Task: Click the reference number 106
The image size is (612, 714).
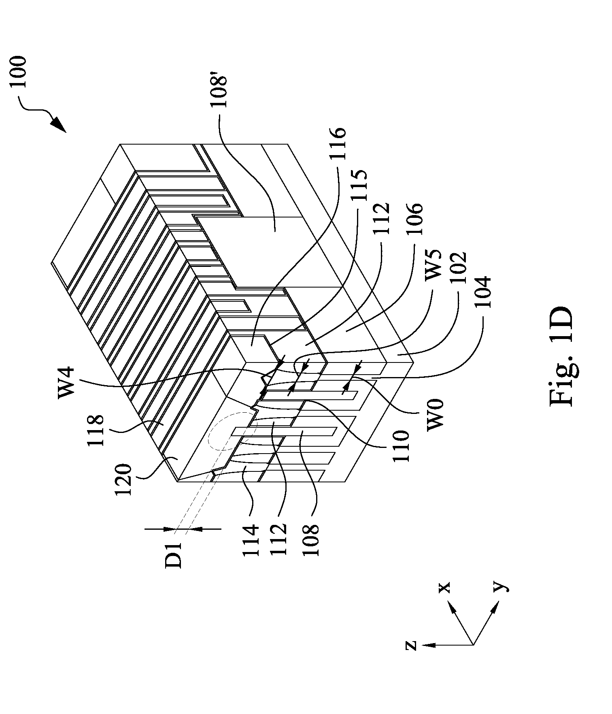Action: (415, 219)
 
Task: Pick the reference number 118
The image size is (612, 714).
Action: (96, 430)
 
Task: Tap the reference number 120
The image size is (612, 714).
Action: (123, 480)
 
